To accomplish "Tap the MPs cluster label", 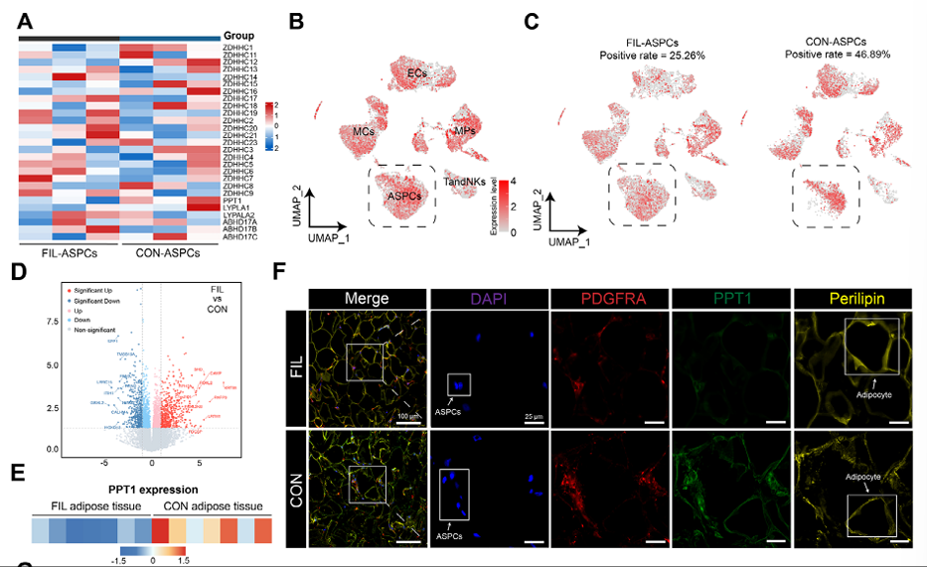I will [465, 130].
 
